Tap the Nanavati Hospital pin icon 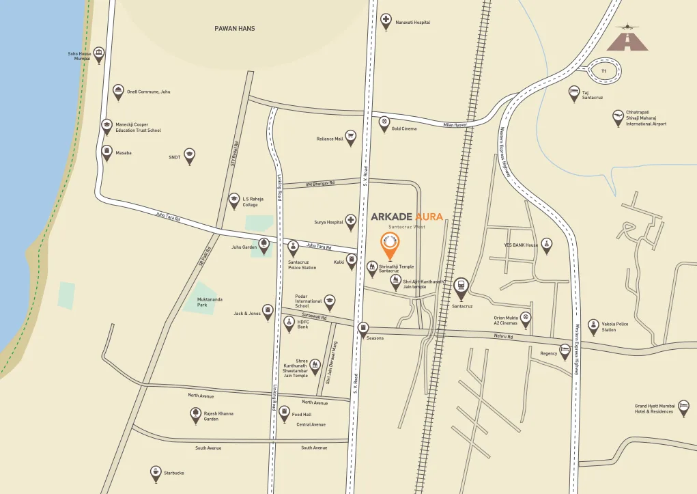(386, 21)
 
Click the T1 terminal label (603, 71)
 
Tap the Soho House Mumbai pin (99, 54)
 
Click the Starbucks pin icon (156, 472)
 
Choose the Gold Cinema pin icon (386, 124)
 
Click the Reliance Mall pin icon (351, 137)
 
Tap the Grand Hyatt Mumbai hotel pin (683, 408)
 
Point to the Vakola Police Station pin (593, 326)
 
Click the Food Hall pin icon (285, 413)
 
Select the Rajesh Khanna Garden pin (195, 414)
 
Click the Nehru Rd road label (503, 336)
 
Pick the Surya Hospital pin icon (351, 221)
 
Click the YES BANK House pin (546, 245)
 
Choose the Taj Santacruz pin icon (574, 94)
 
